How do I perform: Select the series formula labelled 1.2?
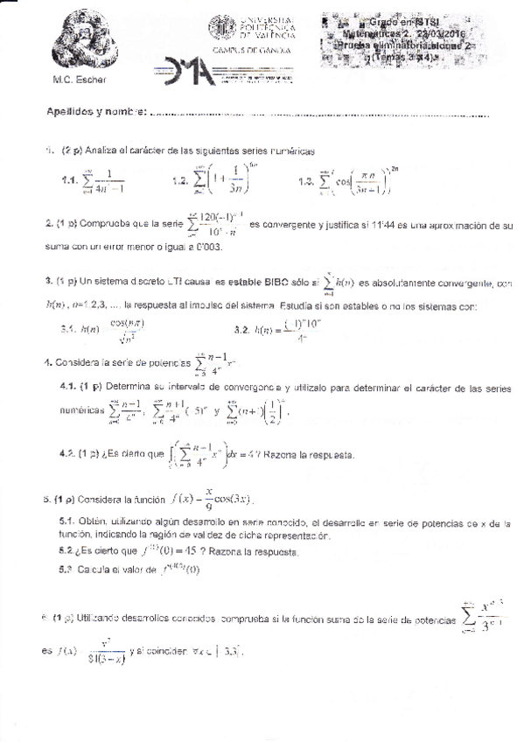(x=220, y=180)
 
